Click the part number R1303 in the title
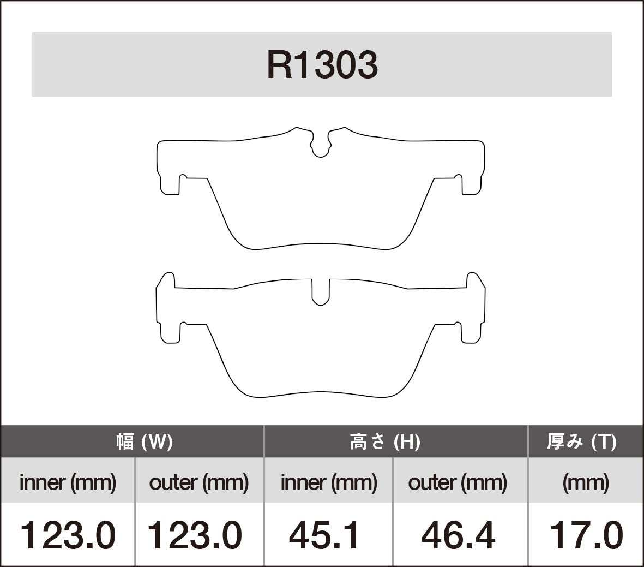(x=322, y=65)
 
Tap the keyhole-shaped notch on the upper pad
(x=321, y=146)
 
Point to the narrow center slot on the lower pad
(x=321, y=291)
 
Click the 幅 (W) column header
(x=145, y=441)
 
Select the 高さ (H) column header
(x=384, y=441)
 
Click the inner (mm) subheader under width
(x=68, y=482)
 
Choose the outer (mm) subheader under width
(x=198, y=482)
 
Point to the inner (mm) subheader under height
(x=328, y=482)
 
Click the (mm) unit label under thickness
(x=585, y=482)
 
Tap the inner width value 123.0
(x=68, y=535)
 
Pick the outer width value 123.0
(x=195, y=535)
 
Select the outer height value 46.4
(x=458, y=535)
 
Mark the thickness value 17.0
(x=586, y=535)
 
